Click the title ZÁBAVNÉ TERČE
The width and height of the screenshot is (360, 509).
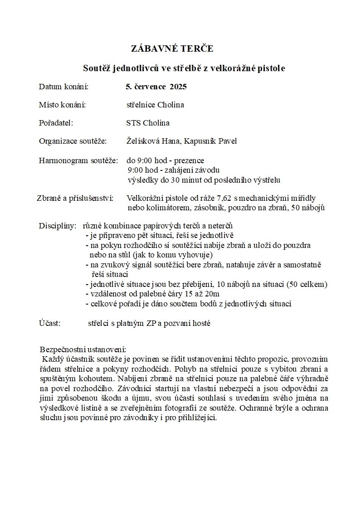[x=172, y=49]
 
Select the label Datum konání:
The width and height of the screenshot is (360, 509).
[x=63, y=87]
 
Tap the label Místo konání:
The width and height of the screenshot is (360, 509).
[x=63, y=105]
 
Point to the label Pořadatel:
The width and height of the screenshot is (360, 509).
[x=56, y=123]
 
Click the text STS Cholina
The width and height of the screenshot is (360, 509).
[x=148, y=123]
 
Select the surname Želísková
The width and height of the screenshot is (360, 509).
[x=144, y=141]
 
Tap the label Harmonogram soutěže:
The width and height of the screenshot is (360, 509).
[x=78, y=160]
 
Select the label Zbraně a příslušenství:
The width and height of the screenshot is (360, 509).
[x=75, y=198]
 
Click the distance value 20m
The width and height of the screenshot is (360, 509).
[x=211, y=294]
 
